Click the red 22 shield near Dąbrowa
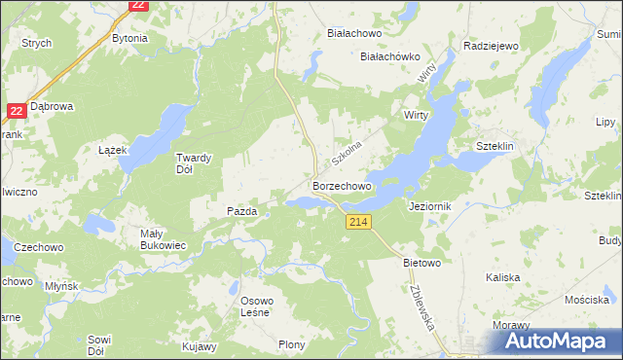15,111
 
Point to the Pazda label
241,210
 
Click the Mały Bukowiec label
164,239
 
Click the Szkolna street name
346,151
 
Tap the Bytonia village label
129,38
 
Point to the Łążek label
114,151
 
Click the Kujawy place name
200,345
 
